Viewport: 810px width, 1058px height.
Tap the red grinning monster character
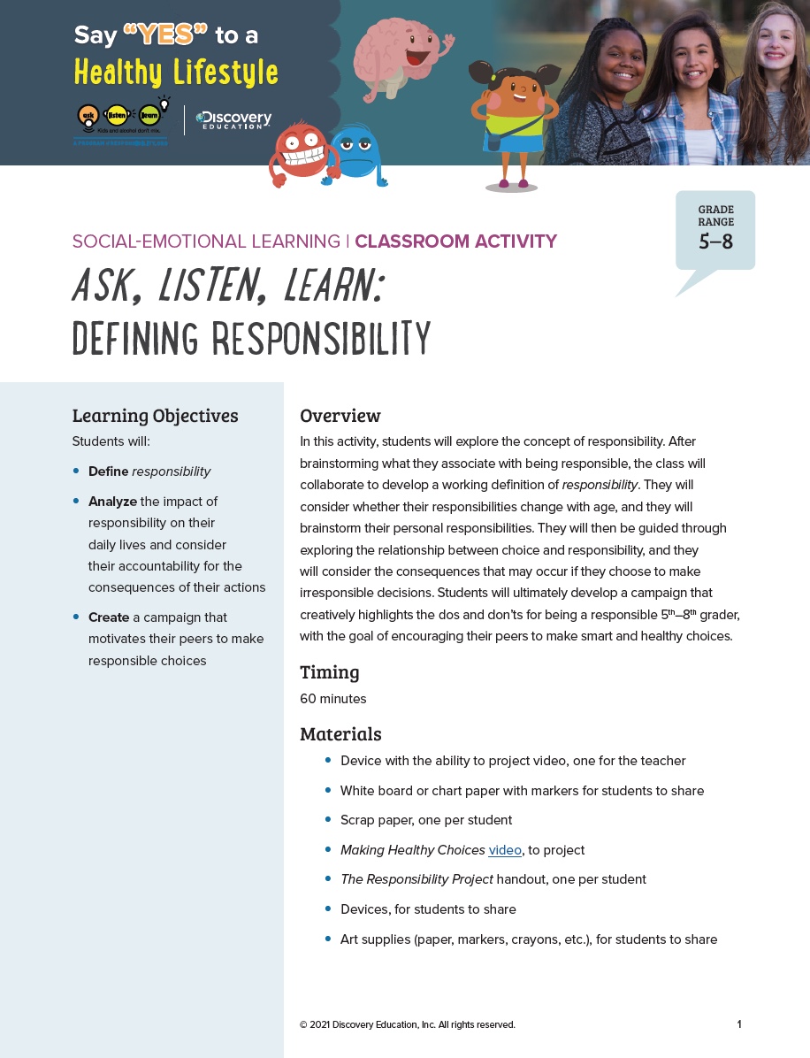[x=303, y=152]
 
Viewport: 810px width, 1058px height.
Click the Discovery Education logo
[x=233, y=120]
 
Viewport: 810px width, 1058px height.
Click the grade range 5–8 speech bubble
[x=715, y=232]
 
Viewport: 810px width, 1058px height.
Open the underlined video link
[x=505, y=850]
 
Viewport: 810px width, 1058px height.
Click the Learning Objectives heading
[x=155, y=416]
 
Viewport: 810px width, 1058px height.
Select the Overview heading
[x=340, y=416]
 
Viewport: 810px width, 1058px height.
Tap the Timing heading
[x=330, y=672]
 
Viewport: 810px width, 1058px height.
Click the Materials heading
[x=340, y=734]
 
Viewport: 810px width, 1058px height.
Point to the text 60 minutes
[x=332, y=699]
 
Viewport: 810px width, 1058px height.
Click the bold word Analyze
[x=112, y=502]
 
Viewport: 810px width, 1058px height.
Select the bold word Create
[x=109, y=617]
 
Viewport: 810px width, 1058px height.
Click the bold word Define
[x=108, y=471]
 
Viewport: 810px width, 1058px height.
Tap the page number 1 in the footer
[x=739, y=1024]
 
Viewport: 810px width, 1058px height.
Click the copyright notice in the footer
[x=407, y=1024]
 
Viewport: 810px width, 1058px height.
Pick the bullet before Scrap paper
[x=328, y=819]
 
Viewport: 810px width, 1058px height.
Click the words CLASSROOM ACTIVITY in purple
[x=455, y=241]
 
